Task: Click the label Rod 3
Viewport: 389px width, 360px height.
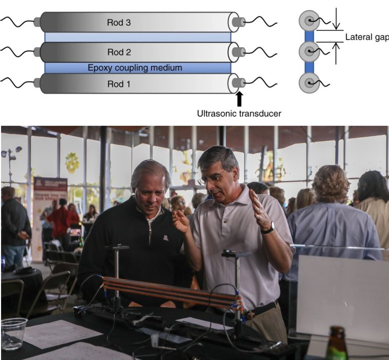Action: [119, 22]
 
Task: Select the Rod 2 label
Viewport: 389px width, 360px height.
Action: [119, 52]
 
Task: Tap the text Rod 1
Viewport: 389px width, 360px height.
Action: [119, 84]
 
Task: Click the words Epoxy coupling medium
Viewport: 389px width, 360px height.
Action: [135, 68]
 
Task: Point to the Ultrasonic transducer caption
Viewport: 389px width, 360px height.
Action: [239, 114]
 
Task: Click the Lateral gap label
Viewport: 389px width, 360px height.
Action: [367, 37]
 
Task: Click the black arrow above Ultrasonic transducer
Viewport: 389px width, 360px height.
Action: [239, 99]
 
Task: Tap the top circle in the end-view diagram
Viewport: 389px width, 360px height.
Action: [309, 20]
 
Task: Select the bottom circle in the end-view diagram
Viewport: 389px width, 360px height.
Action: [309, 83]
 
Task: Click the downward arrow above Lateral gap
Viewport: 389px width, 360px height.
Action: [336, 19]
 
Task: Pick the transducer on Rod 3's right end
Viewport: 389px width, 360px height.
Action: [239, 22]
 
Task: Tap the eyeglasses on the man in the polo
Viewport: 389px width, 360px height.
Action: [211, 178]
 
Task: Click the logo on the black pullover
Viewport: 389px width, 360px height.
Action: [166, 238]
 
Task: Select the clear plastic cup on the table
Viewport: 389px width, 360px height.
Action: [14, 334]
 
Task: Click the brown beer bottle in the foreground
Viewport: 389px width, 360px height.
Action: [336, 344]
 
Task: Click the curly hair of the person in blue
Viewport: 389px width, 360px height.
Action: [331, 184]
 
